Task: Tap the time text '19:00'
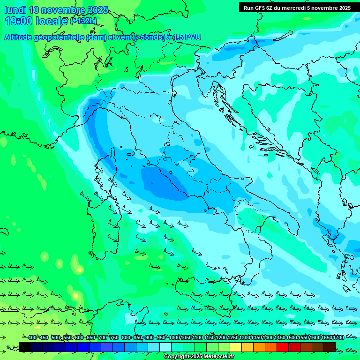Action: pos(18,21)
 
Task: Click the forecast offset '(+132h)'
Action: pos(83,21)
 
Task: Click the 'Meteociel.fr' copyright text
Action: pos(213,357)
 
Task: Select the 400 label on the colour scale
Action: pos(32,338)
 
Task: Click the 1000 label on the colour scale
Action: pos(174,338)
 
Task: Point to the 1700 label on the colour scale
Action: pos(338,338)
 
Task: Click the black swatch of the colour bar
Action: pos(25,347)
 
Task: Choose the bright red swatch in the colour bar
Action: pos(283,347)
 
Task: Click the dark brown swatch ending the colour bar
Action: pos(330,347)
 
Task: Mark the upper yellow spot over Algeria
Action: pos(80,270)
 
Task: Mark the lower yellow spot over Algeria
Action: pos(76,296)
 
